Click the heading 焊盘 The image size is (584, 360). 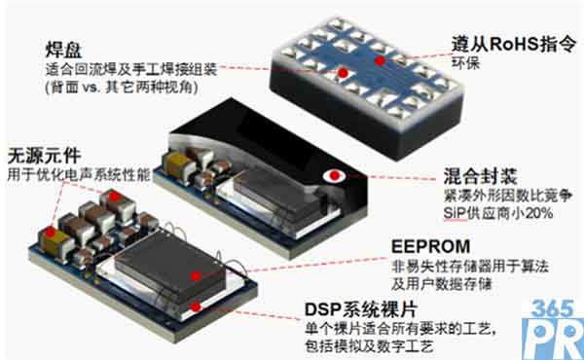[63, 50]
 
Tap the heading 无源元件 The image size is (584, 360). [44, 156]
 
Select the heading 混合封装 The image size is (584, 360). [480, 176]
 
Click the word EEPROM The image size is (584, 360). [430, 246]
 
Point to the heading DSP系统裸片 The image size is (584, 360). [361, 309]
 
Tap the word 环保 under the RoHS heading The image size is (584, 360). [465, 63]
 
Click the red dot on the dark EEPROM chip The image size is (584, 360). [196, 276]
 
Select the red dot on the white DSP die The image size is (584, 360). [196, 306]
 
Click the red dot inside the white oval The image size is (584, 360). [335, 175]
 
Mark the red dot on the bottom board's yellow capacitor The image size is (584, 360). [51, 233]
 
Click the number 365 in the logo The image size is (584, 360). [552, 308]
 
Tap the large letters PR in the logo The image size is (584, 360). [553, 340]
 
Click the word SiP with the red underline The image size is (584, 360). [455, 213]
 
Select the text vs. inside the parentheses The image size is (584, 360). [91, 88]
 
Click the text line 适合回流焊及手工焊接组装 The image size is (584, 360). [131, 70]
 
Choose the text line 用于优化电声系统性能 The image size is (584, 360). [79, 174]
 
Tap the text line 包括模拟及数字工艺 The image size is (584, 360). [369, 345]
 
